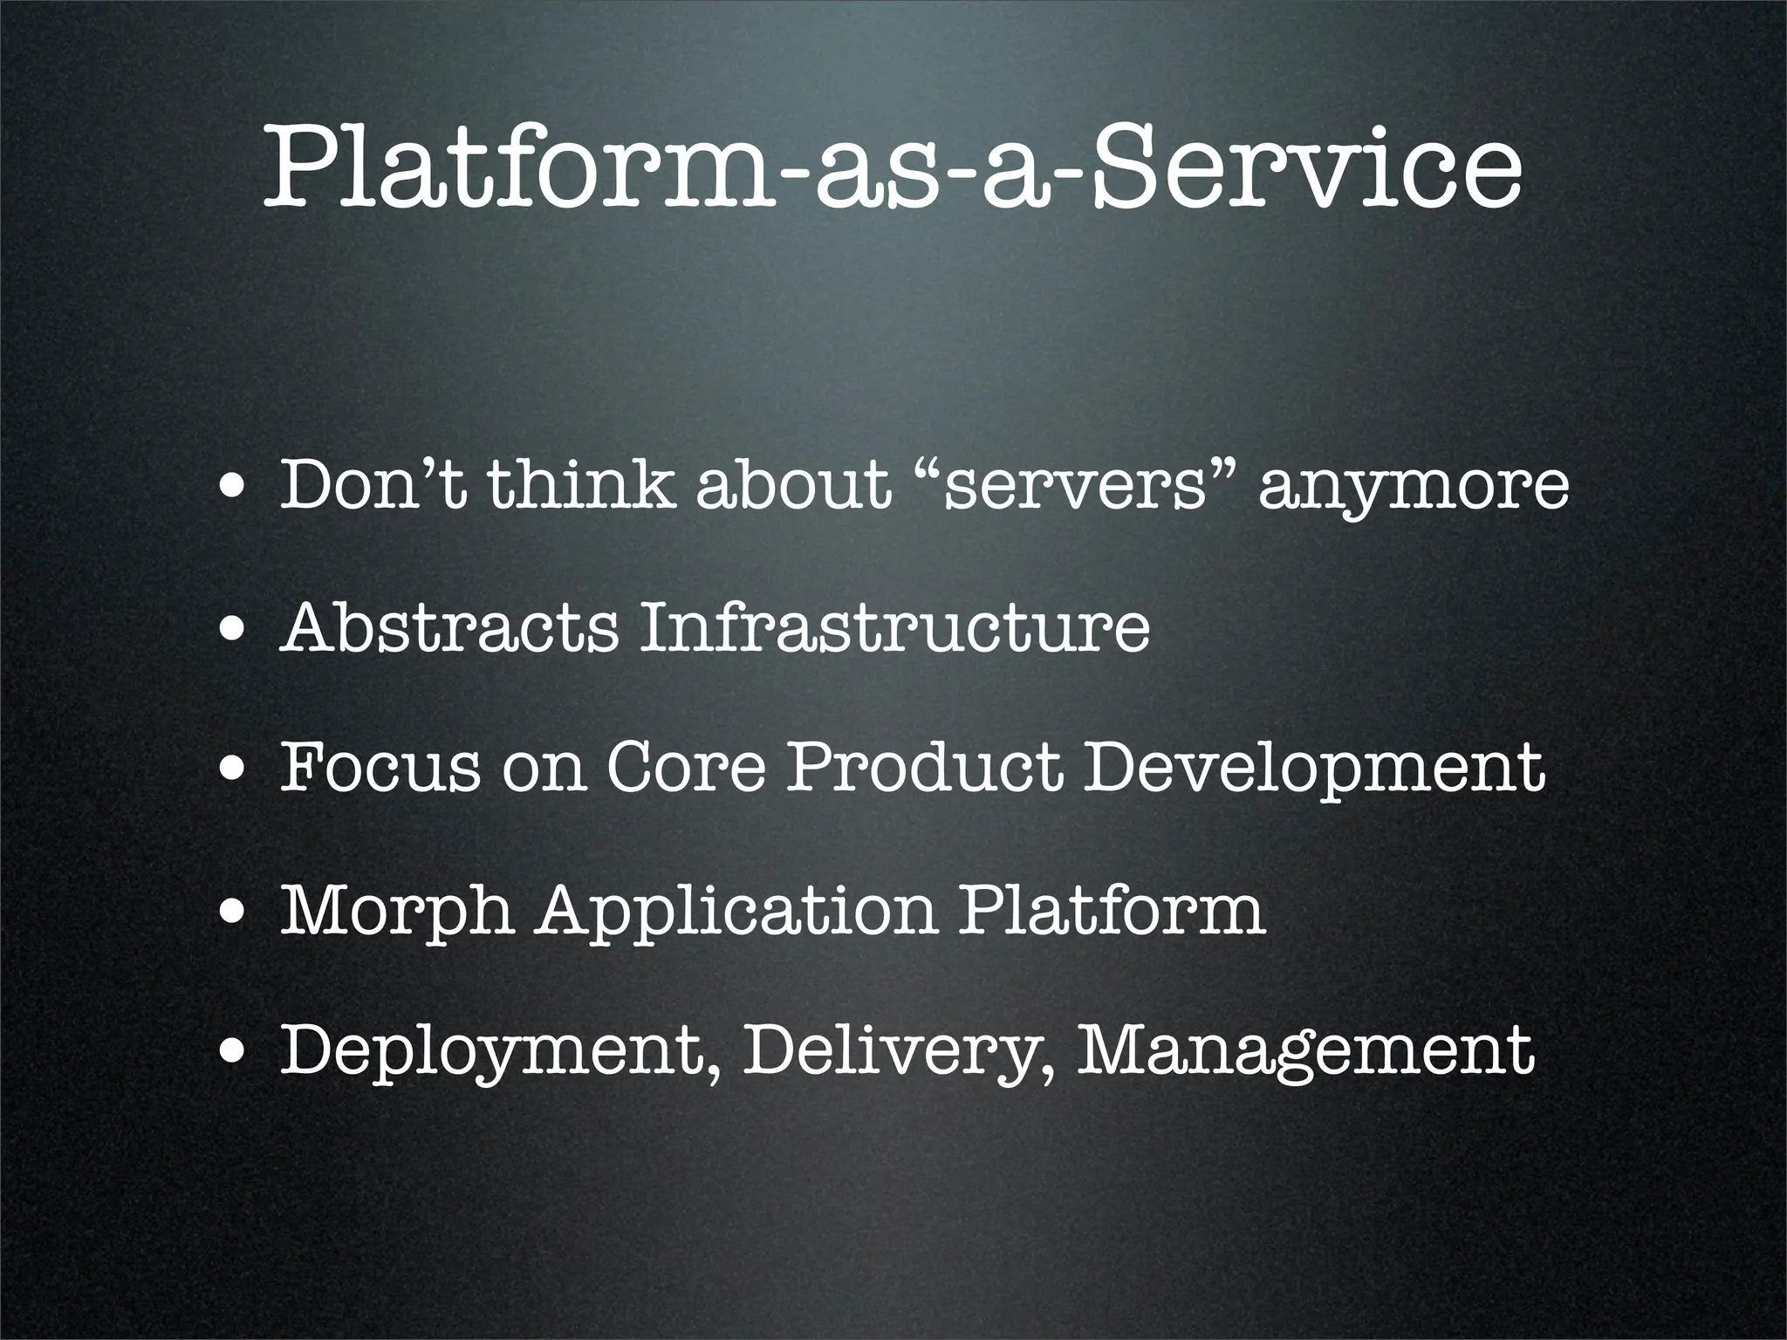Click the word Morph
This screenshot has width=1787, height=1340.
click(397, 911)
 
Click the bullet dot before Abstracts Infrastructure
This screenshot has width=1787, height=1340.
click(232, 630)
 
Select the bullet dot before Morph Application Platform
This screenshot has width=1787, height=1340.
click(232, 914)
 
